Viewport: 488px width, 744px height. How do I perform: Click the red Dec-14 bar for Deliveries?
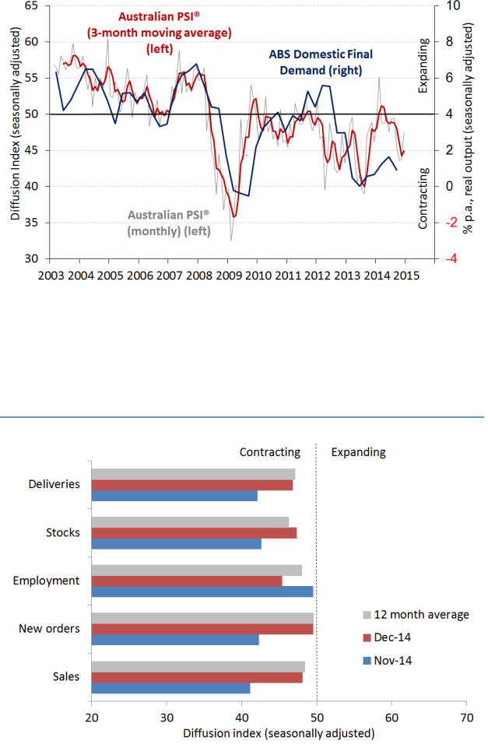coord(192,485)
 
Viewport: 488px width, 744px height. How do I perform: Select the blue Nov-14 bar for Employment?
coord(202,591)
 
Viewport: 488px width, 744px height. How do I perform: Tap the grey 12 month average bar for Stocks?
coord(190,521)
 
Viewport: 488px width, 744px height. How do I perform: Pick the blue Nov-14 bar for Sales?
coord(170,688)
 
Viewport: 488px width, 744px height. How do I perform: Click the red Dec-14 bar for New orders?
coord(202,629)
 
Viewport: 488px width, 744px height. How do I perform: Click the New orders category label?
coord(49,629)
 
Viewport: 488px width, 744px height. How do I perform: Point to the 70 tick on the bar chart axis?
coord(466,717)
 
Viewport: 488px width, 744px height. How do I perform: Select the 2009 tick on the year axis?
coord(228,275)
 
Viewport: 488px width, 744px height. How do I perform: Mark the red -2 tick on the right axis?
coord(449,223)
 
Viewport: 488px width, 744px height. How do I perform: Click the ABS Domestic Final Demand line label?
coord(320,61)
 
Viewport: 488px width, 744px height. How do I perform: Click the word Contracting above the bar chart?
coord(269,452)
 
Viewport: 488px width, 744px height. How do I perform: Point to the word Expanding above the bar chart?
coord(358,452)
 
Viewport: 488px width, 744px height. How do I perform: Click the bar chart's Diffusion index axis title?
coord(279,733)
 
